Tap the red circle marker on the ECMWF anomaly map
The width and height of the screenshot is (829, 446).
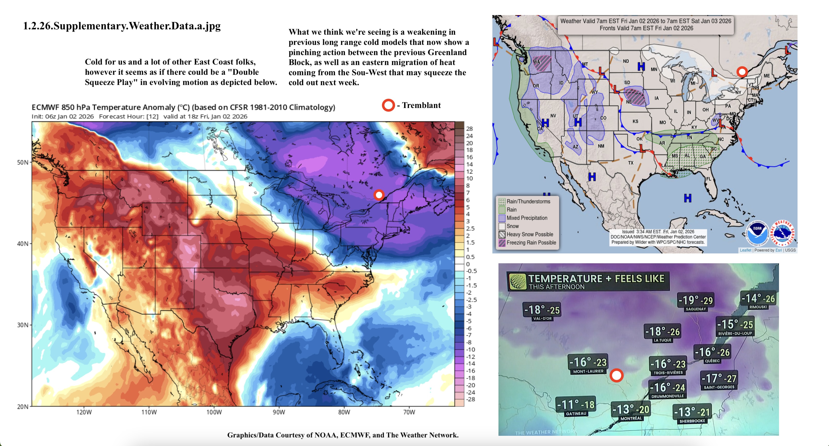(x=379, y=195)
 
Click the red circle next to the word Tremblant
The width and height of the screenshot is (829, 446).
(x=388, y=105)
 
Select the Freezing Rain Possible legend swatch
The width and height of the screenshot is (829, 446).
(x=502, y=243)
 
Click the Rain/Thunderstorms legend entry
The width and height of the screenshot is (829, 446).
(x=528, y=201)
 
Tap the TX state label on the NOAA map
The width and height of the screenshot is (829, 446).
(x=630, y=163)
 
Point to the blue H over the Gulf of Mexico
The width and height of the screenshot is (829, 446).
(x=688, y=198)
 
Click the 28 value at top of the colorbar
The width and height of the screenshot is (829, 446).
(x=470, y=129)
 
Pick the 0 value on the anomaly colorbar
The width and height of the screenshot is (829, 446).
(x=468, y=264)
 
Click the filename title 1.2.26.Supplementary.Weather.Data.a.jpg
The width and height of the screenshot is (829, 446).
(x=122, y=26)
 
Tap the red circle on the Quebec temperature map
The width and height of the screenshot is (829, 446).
(x=616, y=375)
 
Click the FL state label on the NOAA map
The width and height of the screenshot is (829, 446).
(x=709, y=179)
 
